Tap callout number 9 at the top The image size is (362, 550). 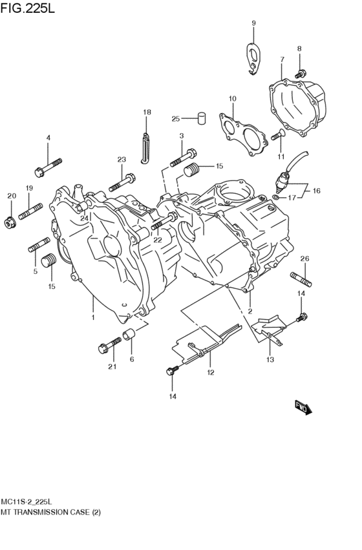click(x=253, y=23)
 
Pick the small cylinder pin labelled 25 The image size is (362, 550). click(x=201, y=118)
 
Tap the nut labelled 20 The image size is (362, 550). click(x=10, y=222)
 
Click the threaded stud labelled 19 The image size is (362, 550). click(x=30, y=211)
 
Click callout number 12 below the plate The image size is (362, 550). click(x=210, y=372)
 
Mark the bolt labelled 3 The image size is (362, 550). click(x=183, y=157)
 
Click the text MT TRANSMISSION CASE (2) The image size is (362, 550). click(x=55, y=511)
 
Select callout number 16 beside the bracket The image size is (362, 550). click(x=316, y=191)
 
